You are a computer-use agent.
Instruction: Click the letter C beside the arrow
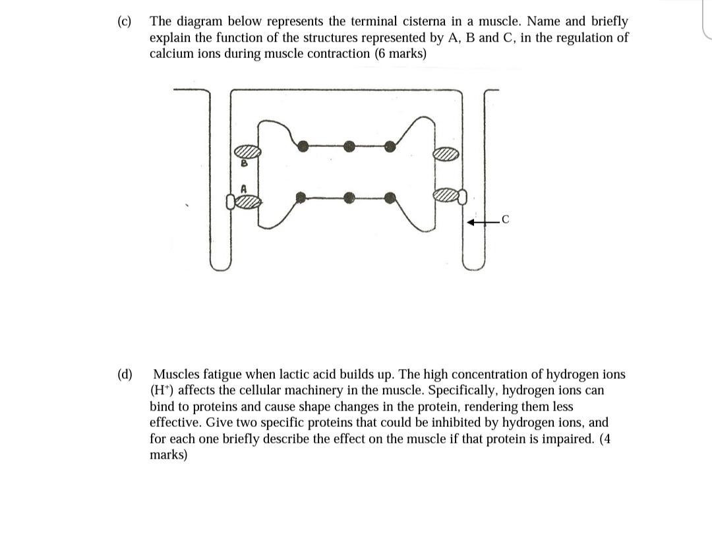click(505, 221)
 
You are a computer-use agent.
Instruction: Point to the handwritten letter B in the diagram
click(243, 162)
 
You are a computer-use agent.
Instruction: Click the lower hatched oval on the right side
click(446, 195)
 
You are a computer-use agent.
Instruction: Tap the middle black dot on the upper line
click(350, 147)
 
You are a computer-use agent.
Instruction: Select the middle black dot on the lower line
click(350, 196)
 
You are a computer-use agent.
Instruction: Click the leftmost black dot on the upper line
click(303, 146)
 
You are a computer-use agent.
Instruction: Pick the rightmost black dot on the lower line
click(390, 196)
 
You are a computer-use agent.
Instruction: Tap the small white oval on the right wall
click(463, 195)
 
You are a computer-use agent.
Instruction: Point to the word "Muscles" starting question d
click(175, 375)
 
